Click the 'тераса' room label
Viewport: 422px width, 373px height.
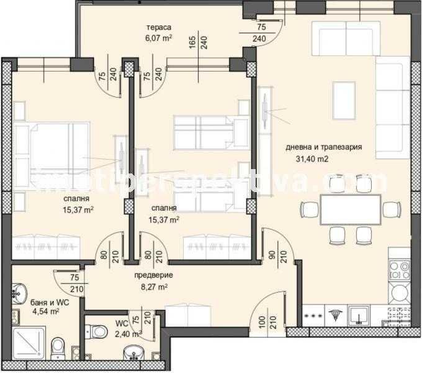coord(159,27)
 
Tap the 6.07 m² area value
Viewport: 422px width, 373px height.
coord(159,37)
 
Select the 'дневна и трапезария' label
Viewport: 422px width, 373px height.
coord(323,148)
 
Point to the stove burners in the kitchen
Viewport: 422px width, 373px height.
coord(399,270)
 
